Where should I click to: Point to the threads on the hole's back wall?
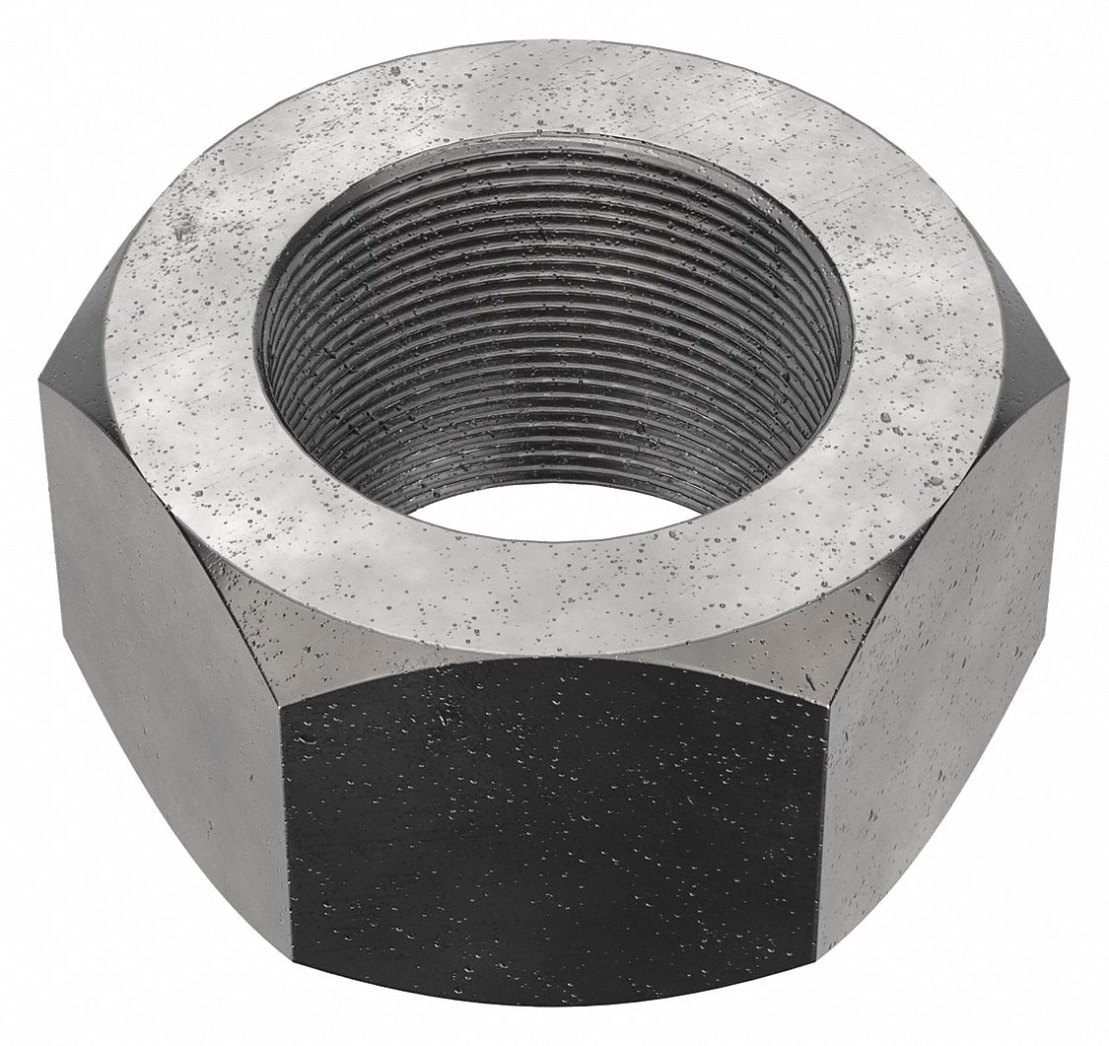pyautogui.click(x=552, y=296)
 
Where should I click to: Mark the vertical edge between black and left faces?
pyautogui.click(x=288, y=838)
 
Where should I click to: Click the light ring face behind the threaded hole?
pyautogui.click(x=552, y=94)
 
